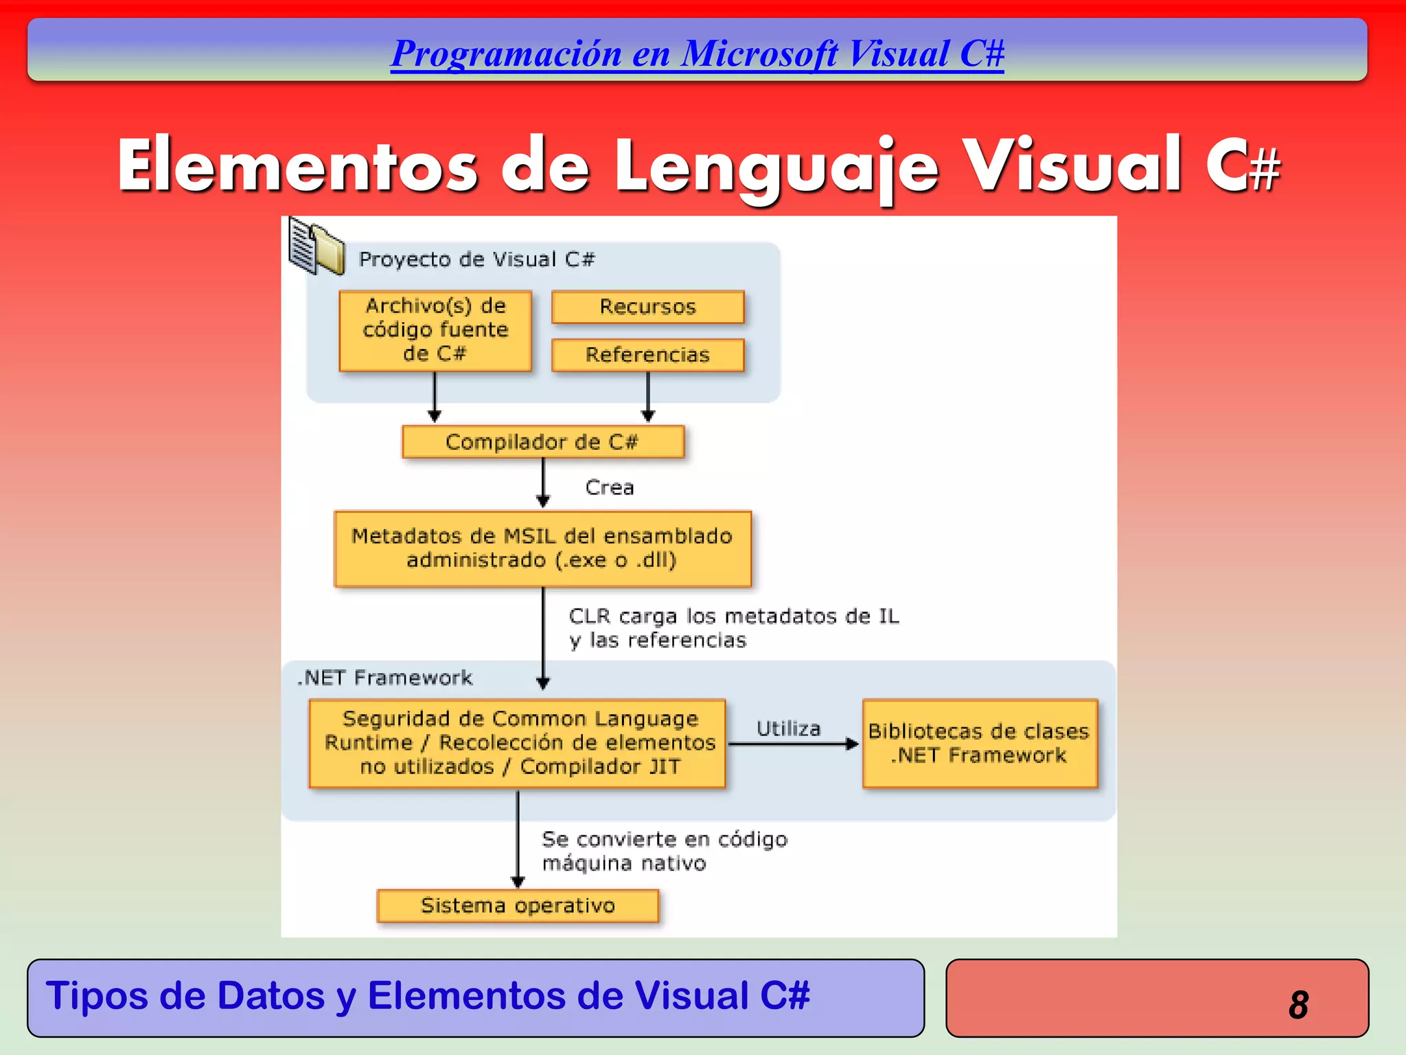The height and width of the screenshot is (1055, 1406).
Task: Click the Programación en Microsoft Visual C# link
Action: pyautogui.click(x=697, y=54)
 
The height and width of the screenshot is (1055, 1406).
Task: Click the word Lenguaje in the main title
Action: pyautogui.click(x=776, y=167)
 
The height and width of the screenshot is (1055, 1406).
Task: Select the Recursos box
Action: pyautogui.click(x=647, y=306)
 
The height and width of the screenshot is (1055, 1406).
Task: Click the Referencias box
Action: pyautogui.click(x=647, y=354)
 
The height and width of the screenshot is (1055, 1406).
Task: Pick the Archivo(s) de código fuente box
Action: pyautogui.click(x=435, y=330)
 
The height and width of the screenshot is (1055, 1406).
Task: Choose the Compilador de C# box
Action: pyautogui.click(x=542, y=442)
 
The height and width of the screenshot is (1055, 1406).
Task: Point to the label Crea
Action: pyautogui.click(x=610, y=488)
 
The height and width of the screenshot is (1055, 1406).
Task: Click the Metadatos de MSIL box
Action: pyautogui.click(x=542, y=548)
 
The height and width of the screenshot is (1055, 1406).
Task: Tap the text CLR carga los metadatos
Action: pyautogui.click(x=733, y=616)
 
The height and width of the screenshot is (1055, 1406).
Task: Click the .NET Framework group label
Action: pyautogui.click(x=385, y=678)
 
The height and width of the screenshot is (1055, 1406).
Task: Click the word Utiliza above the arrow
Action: pyautogui.click(x=788, y=728)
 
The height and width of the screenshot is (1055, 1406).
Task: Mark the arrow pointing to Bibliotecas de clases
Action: pyautogui.click(x=793, y=744)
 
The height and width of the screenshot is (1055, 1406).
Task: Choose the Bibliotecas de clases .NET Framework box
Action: pyautogui.click(x=979, y=743)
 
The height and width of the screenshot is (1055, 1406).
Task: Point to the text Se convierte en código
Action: pyautogui.click(x=665, y=839)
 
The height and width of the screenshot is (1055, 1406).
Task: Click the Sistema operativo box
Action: pyautogui.click(x=518, y=905)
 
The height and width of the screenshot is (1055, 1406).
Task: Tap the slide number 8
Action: pyautogui.click(x=1298, y=1004)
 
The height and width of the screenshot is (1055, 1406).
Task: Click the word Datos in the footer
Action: pyautogui.click(x=270, y=995)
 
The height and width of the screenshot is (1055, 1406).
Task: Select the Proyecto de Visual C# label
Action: pyautogui.click(x=476, y=260)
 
